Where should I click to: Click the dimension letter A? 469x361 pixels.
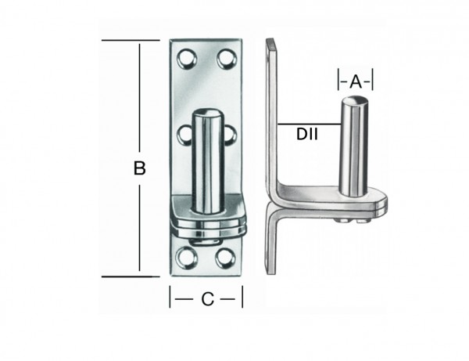[356, 81]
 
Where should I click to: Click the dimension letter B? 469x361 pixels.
[141, 168]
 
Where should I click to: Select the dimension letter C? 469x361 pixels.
[206, 298]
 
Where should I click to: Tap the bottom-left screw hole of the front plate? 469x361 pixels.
[188, 255]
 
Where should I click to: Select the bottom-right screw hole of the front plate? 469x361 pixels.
[227, 255]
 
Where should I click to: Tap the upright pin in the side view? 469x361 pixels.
[353, 149]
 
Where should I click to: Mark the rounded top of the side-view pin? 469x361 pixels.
[353, 100]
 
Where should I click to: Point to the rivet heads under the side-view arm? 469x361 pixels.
[349, 222]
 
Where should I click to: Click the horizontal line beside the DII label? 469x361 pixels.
[309, 124]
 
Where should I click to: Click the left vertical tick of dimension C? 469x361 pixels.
[171, 298]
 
